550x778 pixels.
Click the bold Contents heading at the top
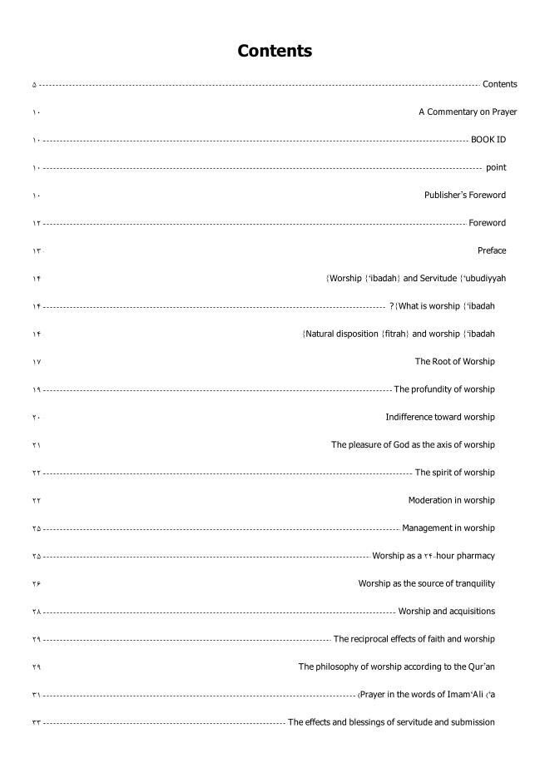(x=275, y=51)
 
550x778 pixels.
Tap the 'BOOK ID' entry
(x=488, y=140)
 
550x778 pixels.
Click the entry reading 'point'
(x=496, y=167)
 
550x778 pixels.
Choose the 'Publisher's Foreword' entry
(x=464, y=195)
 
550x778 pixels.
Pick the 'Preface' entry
(x=492, y=250)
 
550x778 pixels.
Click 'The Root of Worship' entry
(x=454, y=361)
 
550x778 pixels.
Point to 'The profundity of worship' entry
(x=444, y=389)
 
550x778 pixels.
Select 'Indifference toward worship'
(x=439, y=417)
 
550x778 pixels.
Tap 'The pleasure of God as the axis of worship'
(x=413, y=444)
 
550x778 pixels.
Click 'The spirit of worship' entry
(x=454, y=473)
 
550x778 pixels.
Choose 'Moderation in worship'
(x=451, y=500)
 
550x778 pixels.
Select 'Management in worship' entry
(x=448, y=528)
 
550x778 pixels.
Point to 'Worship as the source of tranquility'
(x=426, y=583)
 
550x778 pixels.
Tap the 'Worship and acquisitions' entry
(x=446, y=611)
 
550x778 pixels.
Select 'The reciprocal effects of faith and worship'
(x=414, y=639)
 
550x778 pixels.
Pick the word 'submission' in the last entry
(x=471, y=722)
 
